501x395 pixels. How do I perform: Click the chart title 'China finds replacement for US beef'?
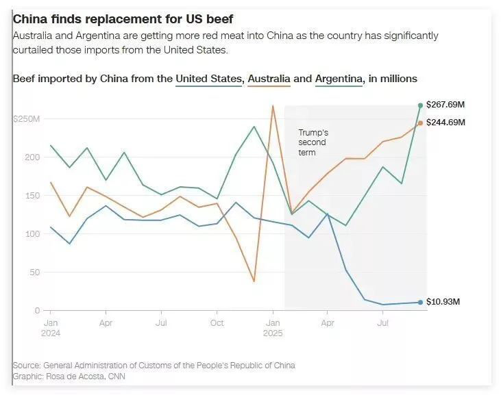[123, 19]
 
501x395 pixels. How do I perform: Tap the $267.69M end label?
[445, 105]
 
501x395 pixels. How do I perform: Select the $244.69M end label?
[445, 123]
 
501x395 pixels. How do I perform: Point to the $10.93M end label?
[443, 302]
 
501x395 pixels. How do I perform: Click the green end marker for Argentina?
[420, 105]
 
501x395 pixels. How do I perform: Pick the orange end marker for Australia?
[420, 123]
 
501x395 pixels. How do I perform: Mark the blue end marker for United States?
[420, 302]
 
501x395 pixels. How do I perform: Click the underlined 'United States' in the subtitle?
[209, 79]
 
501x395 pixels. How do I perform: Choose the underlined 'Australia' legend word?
[269, 79]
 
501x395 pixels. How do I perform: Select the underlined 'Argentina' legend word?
[339, 79]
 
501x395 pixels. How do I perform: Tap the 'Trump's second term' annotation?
[313, 142]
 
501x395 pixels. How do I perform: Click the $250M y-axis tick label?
[26, 119]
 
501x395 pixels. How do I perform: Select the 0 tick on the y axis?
[38, 311]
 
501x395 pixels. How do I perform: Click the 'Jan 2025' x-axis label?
[273, 327]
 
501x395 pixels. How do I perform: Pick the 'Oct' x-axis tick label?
[217, 322]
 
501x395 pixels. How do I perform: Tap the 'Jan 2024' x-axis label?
[51, 327]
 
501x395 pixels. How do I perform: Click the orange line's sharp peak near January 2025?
[273, 106]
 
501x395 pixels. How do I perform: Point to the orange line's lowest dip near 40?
[254, 281]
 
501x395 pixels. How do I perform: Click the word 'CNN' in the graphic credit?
[116, 377]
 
